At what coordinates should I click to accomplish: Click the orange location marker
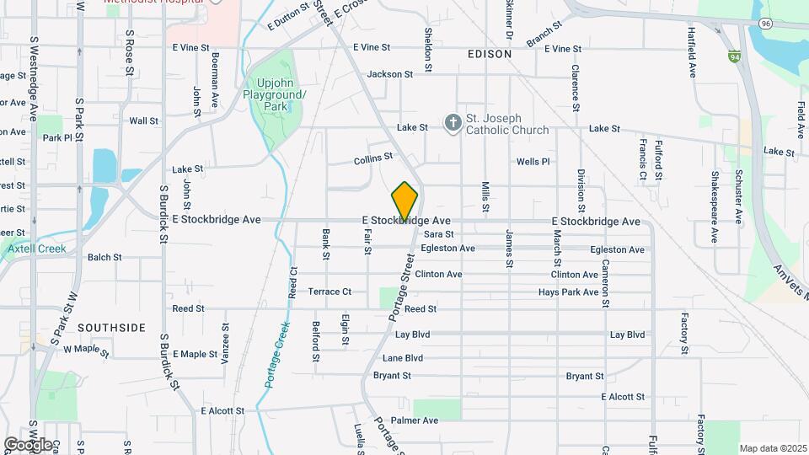click(404, 201)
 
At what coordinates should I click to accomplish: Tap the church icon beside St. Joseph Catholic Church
click(453, 123)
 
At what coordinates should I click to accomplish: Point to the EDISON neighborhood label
click(489, 54)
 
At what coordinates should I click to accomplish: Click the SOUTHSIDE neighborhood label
click(112, 327)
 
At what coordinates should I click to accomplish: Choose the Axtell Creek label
click(36, 249)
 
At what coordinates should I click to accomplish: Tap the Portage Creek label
click(276, 354)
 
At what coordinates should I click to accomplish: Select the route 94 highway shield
click(735, 57)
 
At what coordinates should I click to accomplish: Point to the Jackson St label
click(389, 74)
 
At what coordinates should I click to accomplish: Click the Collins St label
click(373, 157)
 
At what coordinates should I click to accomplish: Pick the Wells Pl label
click(533, 161)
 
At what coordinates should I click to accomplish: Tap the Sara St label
click(438, 234)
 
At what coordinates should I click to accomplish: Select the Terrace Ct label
click(329, 292)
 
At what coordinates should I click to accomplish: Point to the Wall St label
click(143, 120)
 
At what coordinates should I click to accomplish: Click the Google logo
click(28, 444)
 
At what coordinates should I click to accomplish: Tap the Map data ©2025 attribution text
click(773, 448)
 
